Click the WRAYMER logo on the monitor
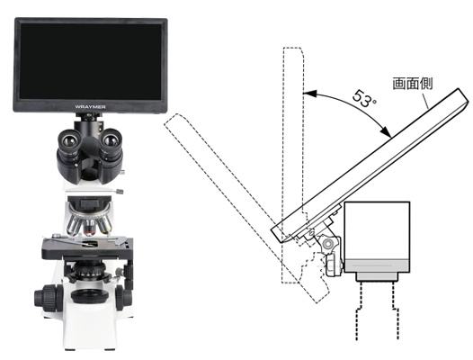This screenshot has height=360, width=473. pyautogui.click(x=90, y=107)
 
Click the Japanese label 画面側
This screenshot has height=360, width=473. pyautogui.click(x=413, y=84)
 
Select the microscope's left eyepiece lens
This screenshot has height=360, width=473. pyautogui.click(x=69, y=139)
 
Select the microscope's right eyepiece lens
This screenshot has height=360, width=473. pyautogui.click(x=111, y=139)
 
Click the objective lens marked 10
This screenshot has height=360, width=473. pyautogui.click(x=89, y=226)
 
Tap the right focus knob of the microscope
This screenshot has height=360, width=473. pyautogui.click(x=124, y=298)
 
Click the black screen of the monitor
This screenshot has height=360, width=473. pyautogui.click(x=90, y=61)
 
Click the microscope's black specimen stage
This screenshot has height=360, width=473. pyautogui.click(x=87, y=248)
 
